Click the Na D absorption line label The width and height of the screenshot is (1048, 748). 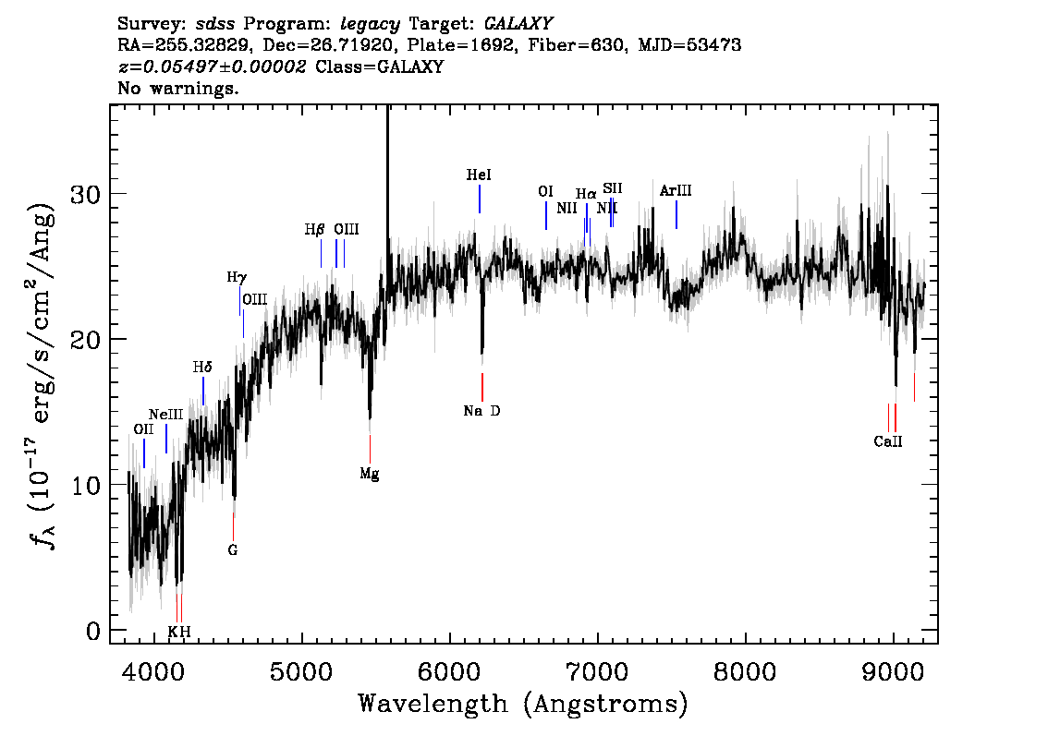tap(481, 411)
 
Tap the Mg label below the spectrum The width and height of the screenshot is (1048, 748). tap(370, 474)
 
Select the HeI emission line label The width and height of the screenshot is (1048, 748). tap(479, 175)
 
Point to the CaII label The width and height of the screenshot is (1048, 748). tap(888, 441)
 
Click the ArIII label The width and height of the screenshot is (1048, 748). tap(676, 191)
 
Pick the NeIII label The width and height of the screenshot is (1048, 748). tap(165, 415)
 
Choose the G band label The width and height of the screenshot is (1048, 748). tap(233, 550)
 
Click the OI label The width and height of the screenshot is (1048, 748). tap(545, 192)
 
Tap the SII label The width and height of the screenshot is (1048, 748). tap(612, 188)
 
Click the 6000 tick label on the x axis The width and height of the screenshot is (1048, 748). tap(450, 672)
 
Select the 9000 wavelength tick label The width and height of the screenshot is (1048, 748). tap(892, 672)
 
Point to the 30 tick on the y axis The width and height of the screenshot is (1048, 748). tap(85, 194)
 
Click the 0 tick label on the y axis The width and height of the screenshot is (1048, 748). tap(93, 631)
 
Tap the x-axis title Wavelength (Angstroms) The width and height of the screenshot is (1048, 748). tap(523, 704)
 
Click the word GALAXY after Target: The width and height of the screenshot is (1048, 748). tap(518, 24)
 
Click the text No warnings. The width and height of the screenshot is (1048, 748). tap(177, 88)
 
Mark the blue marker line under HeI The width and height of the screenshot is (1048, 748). tap(480, 199)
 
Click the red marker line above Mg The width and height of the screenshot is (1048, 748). tap(370, 449)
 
